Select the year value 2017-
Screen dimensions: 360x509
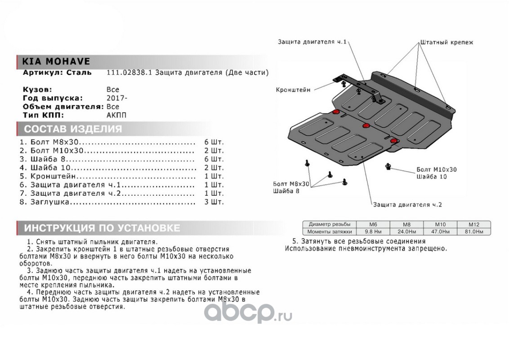point(116,98)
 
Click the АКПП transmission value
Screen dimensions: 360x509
point(116,115)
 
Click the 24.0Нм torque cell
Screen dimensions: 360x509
point(406,231)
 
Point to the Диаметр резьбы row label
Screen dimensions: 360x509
point(329,224)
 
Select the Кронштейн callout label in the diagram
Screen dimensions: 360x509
point(293,90)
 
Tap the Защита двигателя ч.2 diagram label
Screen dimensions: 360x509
point(407,204)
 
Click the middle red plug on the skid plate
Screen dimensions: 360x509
point(366,125)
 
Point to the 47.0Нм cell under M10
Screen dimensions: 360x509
point(440,231)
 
